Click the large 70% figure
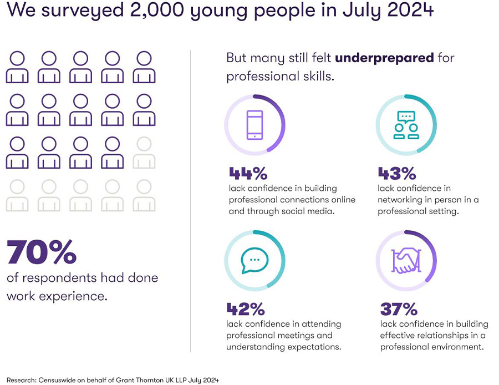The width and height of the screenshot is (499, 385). [42, 252]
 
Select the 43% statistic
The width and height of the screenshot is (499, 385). [396, 174]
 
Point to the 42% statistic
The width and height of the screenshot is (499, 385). [246, 309]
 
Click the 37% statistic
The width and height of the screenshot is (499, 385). [399, 309]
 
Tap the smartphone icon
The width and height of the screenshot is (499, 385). [254, 124]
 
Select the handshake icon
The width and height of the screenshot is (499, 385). [406, 260]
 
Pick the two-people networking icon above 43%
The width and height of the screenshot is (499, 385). [406, 125]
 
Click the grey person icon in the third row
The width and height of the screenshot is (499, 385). [144, 153]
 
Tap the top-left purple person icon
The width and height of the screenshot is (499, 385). [17, 67]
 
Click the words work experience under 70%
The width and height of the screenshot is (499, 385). [57, 296]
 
